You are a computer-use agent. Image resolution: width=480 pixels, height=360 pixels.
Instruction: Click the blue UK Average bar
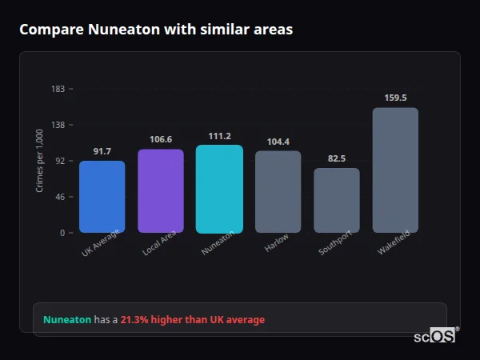pyautogui.click(x=102, y=197)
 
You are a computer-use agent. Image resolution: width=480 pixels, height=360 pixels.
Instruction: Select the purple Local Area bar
pyautogui.click(x=161, y=191)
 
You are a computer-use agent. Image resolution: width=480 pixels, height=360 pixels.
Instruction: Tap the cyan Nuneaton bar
pyautogui.click(x=219, y=189)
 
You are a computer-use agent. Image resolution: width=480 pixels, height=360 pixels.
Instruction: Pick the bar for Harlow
pyautogui.click(x=278, y=192)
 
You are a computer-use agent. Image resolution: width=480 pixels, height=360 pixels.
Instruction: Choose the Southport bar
pyautogui.click(x=337, y=201)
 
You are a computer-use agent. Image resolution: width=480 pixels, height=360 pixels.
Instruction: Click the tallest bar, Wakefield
pyautogui.click(x=395, y=170)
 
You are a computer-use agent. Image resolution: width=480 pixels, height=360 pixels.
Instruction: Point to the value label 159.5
pyautogui.click(x=395, y=98)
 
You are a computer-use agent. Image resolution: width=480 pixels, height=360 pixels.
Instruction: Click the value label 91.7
pyautogui.click(x=102, y=151)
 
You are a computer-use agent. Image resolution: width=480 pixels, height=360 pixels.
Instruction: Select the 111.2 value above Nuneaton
pyautogui.click(x=219, y=136)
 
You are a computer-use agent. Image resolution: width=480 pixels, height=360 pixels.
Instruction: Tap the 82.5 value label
pyautogui.click(x=337, y=158)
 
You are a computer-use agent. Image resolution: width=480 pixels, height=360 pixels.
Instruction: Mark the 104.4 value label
pyautogui.click(x=278, y=142)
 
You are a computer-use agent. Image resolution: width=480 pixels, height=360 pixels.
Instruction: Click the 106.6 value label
pyautogui.click(x=161, y=139)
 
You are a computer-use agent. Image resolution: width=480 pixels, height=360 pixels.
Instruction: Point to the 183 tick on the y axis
pyautogui.click(x=58, y=89)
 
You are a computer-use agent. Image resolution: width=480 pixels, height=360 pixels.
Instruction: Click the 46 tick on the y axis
pyautogui.click(x=60, y=197)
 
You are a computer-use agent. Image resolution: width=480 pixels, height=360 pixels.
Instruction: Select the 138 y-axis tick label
pyautogui.click(x=58, y=125)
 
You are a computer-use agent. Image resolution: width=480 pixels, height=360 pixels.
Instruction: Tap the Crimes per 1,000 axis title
pyautogui.click(x=39, y=161)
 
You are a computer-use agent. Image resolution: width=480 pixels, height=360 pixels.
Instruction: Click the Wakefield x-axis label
pyautogui.click(x=393, y=243)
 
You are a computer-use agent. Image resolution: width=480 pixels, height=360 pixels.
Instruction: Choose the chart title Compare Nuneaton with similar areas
pyautogui.click(x=156, y=30)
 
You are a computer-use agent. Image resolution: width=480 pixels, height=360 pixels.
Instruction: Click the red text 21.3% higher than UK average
pyautogui.click(x=192, y=320)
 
